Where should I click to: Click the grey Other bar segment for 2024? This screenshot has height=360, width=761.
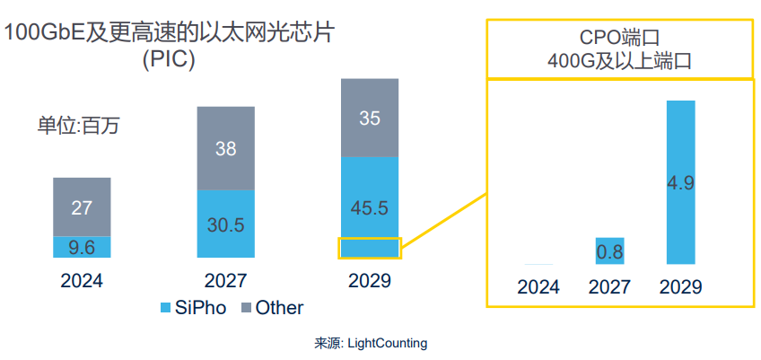pos(82,206)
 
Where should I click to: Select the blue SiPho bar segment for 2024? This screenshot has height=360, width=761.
pos(82,247)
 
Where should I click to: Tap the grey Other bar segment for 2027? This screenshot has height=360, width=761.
pos(226,148)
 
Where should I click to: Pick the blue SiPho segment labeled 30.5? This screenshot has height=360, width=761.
pos(226,224)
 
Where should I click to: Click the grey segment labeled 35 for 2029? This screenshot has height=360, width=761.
pos(369,118)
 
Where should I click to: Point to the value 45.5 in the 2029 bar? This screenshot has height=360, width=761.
pos(369,208)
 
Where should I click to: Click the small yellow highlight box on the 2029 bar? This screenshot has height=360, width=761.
pos(369,249)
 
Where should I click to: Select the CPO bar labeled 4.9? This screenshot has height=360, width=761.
pos(681,182)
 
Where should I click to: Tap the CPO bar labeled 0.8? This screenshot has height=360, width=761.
pos(610,251)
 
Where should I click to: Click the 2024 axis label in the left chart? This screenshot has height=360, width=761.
pos(82,280)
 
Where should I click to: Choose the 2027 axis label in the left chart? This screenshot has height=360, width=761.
pos(226,280)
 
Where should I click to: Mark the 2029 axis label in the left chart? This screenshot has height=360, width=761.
pos(369,280)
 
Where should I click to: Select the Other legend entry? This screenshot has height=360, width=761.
pos(273,308)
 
